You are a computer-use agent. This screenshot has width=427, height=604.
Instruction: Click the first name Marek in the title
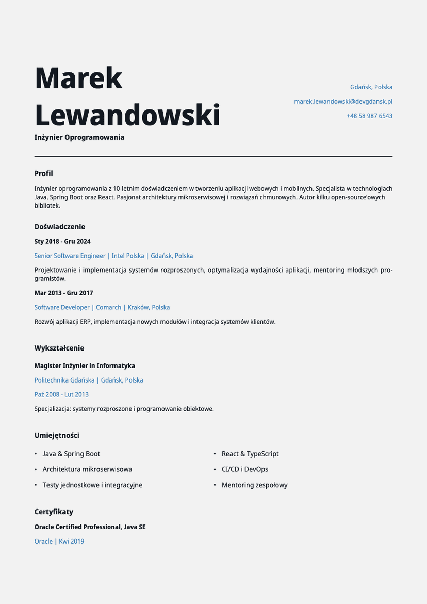pos(78,78)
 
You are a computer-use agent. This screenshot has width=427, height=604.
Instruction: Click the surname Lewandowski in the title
pos(127,115)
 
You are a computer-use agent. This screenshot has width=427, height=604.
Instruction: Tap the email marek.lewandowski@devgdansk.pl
pos(343,102)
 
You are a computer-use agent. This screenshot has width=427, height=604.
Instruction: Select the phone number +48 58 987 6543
pos(369,116)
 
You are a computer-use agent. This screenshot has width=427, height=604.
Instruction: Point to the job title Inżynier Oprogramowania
pos(79,137)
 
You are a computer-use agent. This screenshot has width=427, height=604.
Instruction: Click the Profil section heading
pos(44,173)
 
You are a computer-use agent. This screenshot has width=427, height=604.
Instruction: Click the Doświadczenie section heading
pos(60,227)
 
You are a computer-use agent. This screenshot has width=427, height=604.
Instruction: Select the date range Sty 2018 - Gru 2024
pos(62,241)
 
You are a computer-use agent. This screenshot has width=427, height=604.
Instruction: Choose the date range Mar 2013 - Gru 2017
pos(64,293)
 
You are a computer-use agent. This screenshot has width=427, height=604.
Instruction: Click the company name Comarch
pos(108,307)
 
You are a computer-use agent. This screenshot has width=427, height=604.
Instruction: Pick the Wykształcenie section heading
pos(59,348)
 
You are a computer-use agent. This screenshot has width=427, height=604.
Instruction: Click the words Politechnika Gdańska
pos(64,380)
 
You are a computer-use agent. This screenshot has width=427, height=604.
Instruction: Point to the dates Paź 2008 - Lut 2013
pos(61,394)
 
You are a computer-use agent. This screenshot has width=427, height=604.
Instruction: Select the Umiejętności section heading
pos(57,436)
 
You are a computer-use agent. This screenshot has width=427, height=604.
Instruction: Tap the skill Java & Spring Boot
pos(71,454)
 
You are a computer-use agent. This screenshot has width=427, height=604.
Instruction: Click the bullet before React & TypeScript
pos(215,454)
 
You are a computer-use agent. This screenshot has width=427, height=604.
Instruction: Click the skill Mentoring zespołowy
pos(255,485)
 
